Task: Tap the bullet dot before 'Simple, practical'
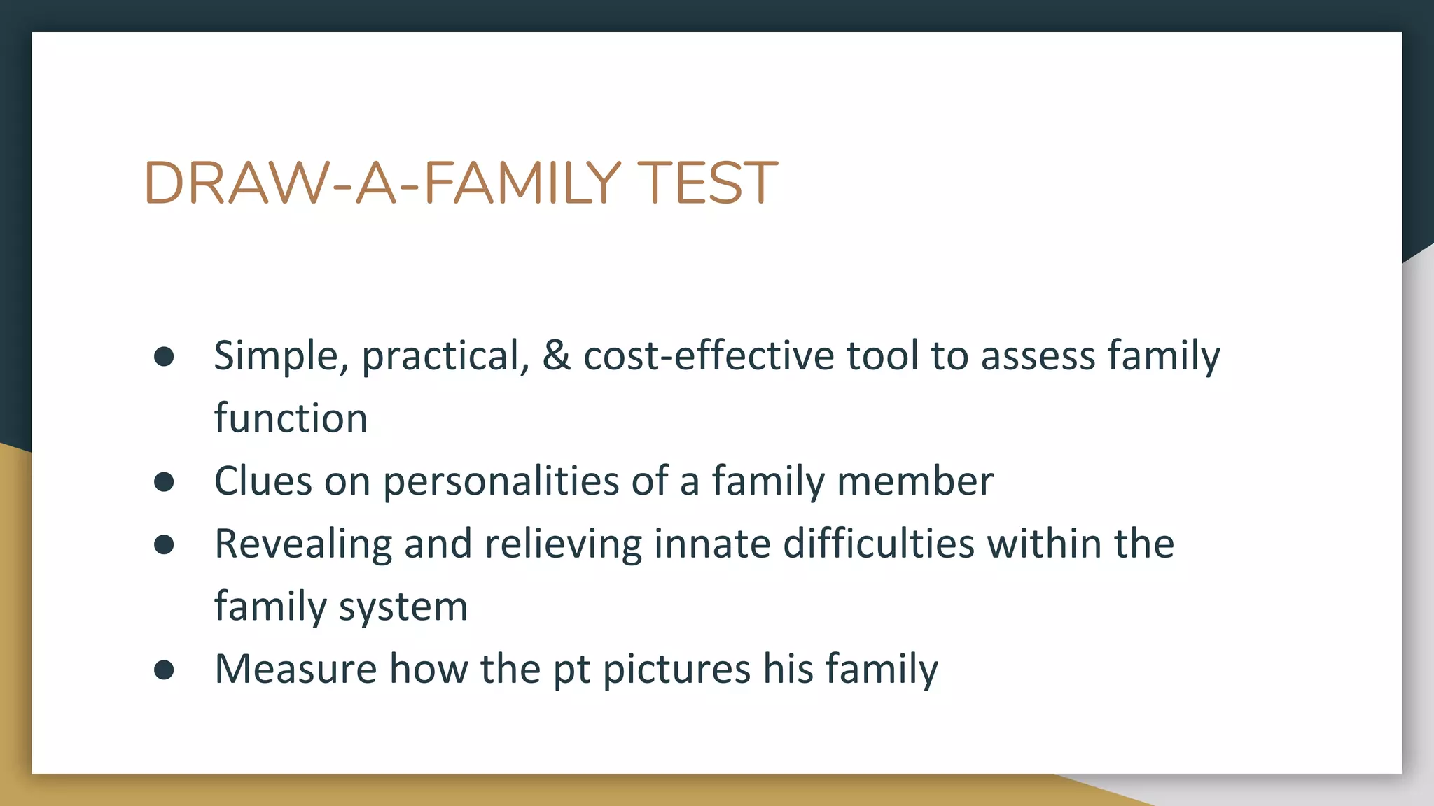pos(164,357)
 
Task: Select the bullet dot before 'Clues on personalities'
pos(164,482)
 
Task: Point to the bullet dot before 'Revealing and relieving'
pos(164,544)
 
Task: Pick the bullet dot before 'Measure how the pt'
pos(164,670)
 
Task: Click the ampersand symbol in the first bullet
pos(557,355)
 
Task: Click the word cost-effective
pos(709,355)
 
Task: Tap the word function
pos(291,418)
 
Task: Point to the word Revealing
pos(302,544)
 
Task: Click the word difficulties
pos(878,544)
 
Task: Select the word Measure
pos(295,670)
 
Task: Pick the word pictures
pos(676,670)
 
